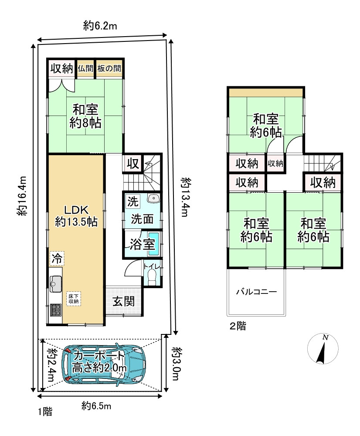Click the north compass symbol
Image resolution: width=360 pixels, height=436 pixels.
[323, 349]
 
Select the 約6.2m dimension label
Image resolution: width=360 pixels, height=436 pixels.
[100, 26]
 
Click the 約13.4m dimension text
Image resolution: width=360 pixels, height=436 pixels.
[185, 197]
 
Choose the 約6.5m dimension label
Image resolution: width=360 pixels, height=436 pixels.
[96, 406]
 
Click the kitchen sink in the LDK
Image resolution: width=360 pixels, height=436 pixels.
[56, 284]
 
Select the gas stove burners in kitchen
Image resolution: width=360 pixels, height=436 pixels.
[56, 310]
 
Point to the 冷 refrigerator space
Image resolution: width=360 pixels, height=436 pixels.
[57, 259]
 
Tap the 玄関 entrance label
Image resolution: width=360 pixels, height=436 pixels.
[124, 301]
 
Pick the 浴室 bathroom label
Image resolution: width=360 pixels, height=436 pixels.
[143, 244]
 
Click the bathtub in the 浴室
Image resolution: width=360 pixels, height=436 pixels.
[153, 244]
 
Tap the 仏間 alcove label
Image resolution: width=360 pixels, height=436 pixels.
[85, 68]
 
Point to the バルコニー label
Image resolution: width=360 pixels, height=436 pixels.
[256, 292]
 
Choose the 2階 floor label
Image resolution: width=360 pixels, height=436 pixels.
[238, 326]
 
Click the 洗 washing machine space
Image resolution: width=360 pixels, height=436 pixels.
[133, 201]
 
